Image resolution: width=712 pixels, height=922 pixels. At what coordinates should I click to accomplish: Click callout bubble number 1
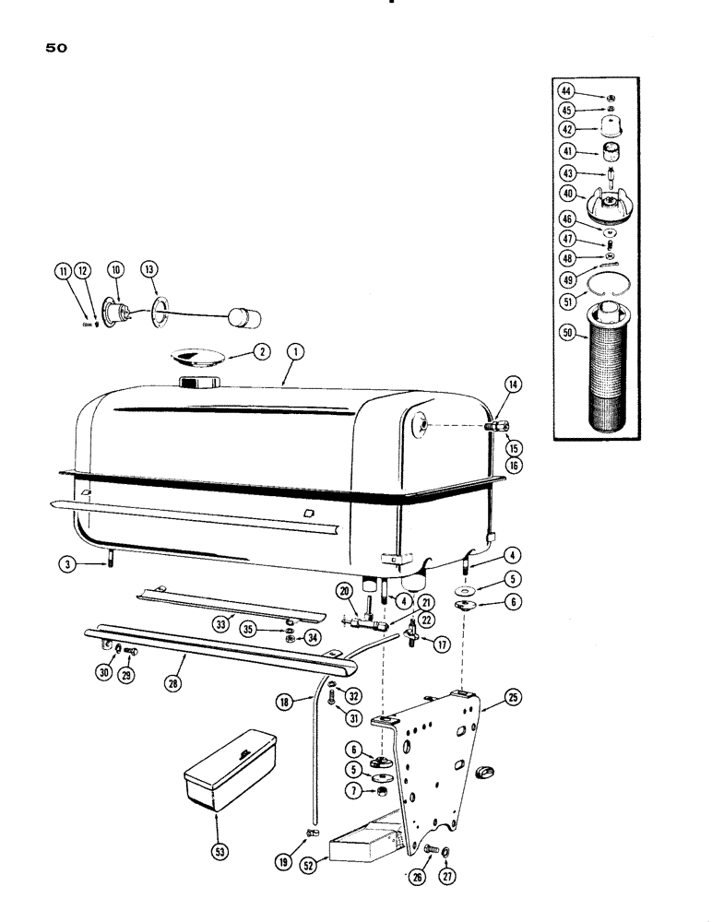[x=295, y=350]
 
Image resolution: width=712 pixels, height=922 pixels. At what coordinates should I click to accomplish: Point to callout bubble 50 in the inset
[x=569, y=337]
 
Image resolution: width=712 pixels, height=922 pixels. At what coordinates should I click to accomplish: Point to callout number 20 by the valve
[x=345, y=590]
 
